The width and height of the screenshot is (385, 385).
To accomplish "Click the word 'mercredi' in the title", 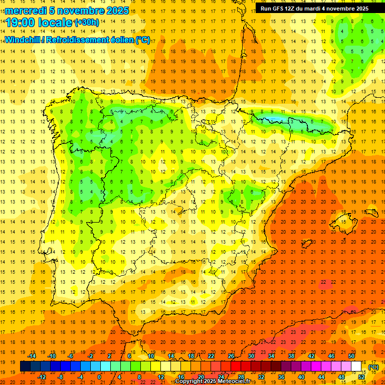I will (27, 11).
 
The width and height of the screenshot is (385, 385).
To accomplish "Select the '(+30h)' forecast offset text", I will (87, 22).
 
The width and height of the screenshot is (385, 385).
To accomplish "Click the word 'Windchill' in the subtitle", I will (22, 40).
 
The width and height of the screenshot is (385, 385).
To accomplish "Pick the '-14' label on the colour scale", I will (32, 356).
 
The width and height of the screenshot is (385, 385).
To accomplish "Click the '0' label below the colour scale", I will (99, 377).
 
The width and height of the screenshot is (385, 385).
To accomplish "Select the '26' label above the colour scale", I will (231, 356).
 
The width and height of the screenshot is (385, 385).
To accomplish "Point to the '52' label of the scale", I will (361, 377).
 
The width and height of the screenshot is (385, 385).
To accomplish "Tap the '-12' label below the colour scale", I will (42, 377).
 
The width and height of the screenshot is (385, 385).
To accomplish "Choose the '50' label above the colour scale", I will (351, 356).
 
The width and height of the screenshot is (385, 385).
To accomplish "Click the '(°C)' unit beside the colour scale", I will (373, 367).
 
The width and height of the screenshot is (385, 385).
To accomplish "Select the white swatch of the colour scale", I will (356, 366).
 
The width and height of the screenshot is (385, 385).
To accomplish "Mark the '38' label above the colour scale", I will (291, 356).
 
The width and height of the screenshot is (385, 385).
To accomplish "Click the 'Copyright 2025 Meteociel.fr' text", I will (213, 381).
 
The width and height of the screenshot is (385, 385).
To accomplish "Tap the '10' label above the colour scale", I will (151, 356).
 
